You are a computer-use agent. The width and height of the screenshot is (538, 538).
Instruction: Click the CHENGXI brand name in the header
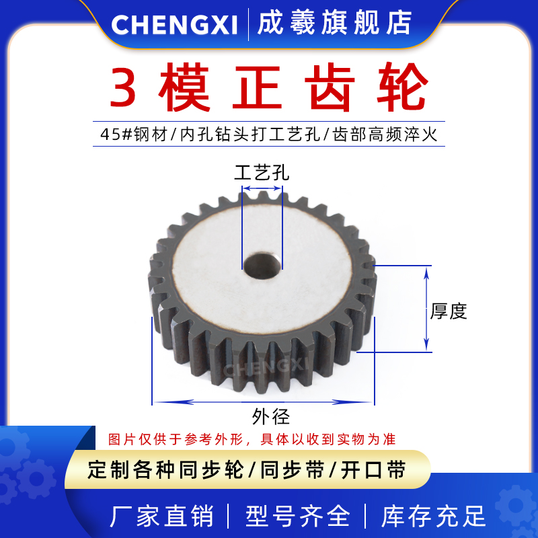pos(174,24)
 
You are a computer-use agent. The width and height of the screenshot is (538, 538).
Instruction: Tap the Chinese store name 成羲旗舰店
pos(334,24)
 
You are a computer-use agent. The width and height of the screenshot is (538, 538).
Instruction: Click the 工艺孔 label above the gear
pos(262,173)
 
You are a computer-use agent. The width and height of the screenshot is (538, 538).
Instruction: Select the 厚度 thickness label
pos(449,311)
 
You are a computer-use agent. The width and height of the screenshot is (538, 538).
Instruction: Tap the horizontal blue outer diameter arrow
pos(262,402)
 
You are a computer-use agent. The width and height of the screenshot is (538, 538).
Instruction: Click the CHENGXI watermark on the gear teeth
pos(265,368)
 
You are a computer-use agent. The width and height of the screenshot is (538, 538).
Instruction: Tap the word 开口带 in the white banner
pos(373,469)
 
